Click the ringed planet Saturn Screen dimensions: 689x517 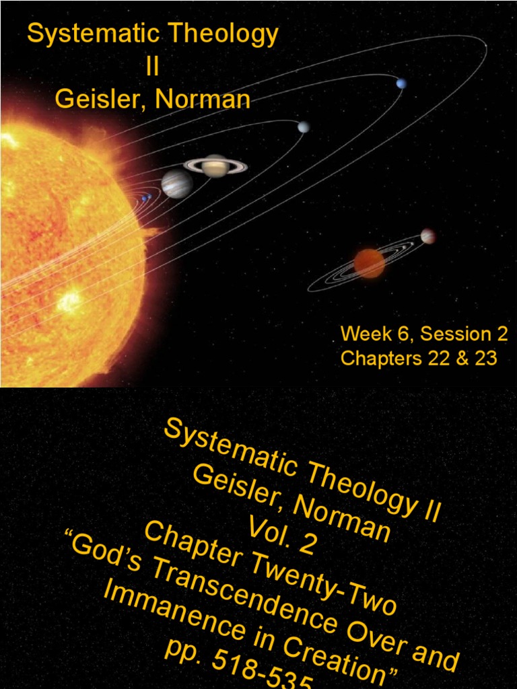215,166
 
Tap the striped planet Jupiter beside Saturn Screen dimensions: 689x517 177,183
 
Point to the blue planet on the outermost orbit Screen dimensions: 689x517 401,83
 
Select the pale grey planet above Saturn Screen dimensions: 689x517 304,126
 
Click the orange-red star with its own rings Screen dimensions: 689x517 369,263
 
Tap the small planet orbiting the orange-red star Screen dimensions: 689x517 427,236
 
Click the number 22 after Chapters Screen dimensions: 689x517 434,358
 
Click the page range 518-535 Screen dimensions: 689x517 269,673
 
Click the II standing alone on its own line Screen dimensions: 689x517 151,68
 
